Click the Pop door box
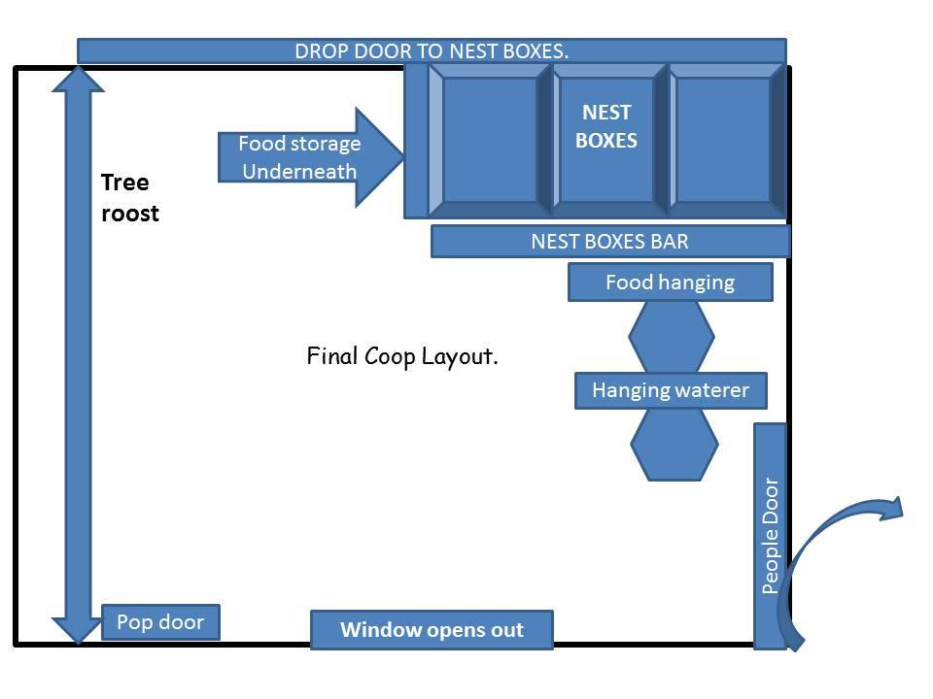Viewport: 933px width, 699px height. coord(160,622)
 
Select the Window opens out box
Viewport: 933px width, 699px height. coord(432,630)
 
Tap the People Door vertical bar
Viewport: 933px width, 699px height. coord(770,536)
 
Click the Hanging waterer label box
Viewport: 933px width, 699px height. coord(671,390)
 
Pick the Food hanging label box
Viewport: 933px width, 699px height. coord(671,283)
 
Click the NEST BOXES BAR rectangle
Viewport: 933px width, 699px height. coord(610,241)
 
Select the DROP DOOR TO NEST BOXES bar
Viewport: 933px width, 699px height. coord(432,50)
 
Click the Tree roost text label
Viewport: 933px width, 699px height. coord(129,198)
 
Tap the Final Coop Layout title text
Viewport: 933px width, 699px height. coord(402,356)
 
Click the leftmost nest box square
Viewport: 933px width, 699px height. coord(490,140)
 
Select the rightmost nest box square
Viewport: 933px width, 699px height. coord(723,140)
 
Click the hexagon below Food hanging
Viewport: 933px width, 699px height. coord(671,337)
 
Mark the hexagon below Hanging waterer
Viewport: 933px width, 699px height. coord(674,444)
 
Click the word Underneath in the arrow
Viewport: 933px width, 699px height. coord(299,172)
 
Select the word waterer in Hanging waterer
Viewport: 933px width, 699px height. coord(712,390)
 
